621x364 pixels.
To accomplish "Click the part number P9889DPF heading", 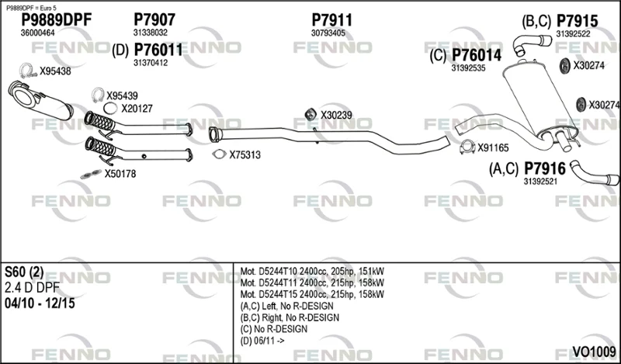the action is coord(56,20).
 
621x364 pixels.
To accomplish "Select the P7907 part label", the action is coord(154,19).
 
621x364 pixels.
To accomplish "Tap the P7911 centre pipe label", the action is coord(331,20).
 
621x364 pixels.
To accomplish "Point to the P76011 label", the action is coord(158,50).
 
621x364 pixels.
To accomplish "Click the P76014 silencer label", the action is coord(477,55).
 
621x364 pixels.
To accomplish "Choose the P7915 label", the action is coord(577,21).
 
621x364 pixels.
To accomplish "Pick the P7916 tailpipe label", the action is coord(545,169).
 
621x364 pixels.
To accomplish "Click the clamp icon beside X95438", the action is coord(28,71).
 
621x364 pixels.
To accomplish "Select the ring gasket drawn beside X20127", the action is coord(110,108).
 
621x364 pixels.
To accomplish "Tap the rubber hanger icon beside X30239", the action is coord(310,114).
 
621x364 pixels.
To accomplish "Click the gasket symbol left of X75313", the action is coord(219,154).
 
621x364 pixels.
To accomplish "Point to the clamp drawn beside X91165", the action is coord(467,147).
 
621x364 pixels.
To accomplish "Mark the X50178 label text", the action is coord(120,174).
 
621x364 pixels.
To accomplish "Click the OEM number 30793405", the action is coord(328,33).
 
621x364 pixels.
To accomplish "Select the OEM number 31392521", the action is coord(540,182).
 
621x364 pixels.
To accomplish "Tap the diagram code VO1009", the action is coord(594,352).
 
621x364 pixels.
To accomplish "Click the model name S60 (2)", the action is coord(24,272).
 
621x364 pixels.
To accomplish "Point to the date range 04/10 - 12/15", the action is coord(40,303).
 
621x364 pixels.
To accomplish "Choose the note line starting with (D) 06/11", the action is coord(262,341).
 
